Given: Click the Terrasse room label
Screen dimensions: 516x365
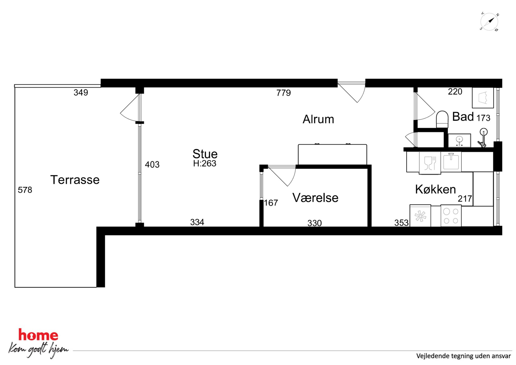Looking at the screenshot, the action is [75, 180].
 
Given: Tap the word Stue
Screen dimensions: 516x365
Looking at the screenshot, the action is [205, 154].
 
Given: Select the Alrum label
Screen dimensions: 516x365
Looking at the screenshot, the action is [318, 119].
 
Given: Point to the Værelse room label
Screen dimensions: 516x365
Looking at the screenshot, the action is [315, 198].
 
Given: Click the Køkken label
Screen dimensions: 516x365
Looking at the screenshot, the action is [435, 189].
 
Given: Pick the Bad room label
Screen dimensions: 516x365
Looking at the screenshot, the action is [463, 117].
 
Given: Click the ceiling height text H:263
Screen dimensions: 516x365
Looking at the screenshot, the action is [205, 163].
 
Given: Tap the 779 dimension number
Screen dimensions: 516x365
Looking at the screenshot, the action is [283, 93].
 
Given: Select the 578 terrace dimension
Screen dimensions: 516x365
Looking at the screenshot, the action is [25, 190].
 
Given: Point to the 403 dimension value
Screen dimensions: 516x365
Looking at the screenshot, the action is [152, 164].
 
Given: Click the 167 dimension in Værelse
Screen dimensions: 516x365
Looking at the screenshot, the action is [271, 203].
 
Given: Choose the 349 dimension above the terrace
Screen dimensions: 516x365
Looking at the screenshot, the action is [81, 92].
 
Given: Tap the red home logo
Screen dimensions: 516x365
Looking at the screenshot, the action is [38, 335].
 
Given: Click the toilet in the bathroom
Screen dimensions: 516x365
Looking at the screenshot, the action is [442, 119].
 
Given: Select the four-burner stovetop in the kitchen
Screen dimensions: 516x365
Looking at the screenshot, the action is [451, 216].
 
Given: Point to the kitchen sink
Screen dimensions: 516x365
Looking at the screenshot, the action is [451, 161].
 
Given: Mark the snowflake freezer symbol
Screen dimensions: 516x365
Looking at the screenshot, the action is [420, 216].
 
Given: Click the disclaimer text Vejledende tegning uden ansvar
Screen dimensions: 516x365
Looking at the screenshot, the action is [463, 356].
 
